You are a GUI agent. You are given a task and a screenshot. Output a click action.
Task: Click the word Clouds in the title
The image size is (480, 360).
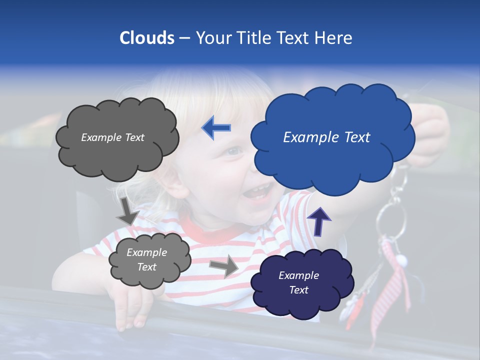(147, 38)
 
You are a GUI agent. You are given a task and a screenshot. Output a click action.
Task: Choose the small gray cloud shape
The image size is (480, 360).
(149, 259)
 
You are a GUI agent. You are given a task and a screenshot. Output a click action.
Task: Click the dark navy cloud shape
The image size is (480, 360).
(302, 282)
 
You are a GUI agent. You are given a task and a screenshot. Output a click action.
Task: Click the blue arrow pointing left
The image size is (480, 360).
(216, 128)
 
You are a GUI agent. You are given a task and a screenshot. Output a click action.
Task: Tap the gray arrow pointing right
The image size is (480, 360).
(224, 265)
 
